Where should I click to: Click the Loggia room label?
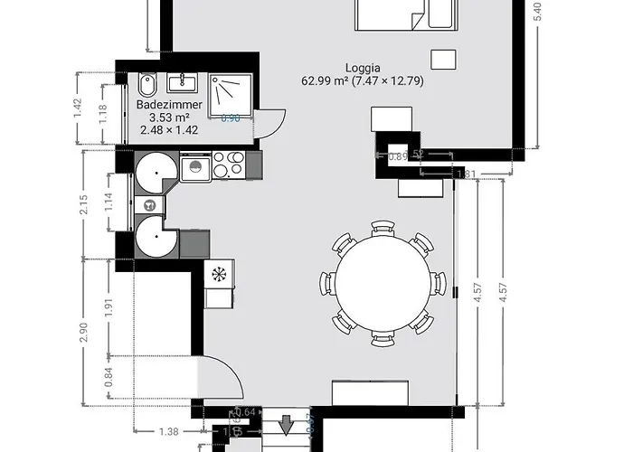[362, 68]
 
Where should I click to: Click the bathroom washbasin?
[183, 84]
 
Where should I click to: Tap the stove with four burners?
[228, 165]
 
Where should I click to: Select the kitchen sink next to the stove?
[195, 166]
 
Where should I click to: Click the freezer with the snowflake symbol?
[218, 273]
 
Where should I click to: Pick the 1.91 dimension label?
[110, 306]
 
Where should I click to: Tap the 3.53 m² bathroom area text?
[169, 118]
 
